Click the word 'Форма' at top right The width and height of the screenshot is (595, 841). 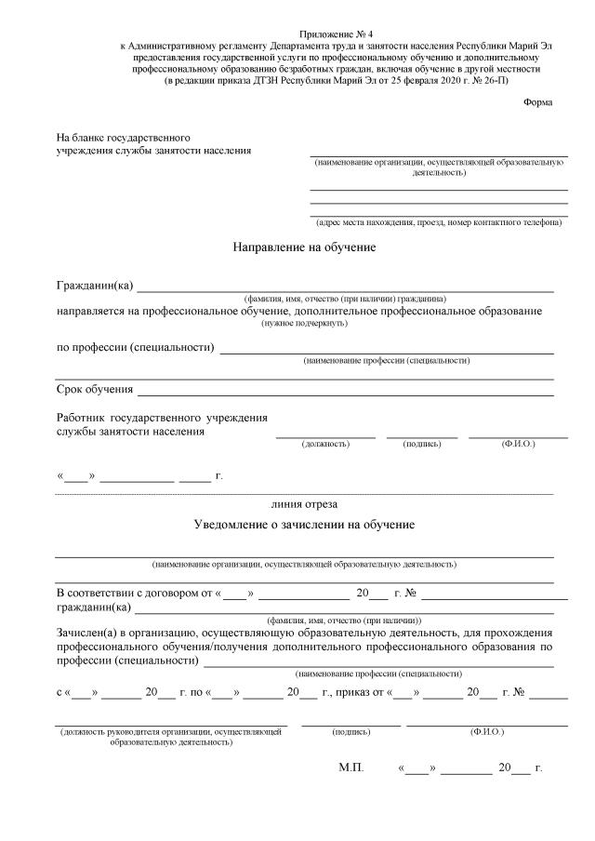[x=537, y=101]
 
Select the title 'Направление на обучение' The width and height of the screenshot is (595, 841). [x=304, y=247]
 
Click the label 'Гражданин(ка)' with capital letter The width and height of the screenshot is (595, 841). [x=95, y=284]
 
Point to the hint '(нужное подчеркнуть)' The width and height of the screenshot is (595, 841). [x=304, y=323]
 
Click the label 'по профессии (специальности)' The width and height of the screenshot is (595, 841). [x=135, y=347]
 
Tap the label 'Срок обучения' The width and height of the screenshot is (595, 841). [x=95, y=388]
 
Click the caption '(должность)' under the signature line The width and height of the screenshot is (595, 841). [x=325, y=445]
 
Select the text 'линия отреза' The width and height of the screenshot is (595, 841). [x=304, y=503]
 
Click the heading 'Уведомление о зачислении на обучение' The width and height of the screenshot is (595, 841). [x=304, y=524]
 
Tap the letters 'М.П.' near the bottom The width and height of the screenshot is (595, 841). [x=351, y=769]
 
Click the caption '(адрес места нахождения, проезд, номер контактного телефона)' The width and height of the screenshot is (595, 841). [x=438, y=222]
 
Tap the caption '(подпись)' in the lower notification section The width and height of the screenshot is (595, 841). [x=350, y=732]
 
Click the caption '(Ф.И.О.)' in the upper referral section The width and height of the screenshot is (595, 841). [x=518, y=445]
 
